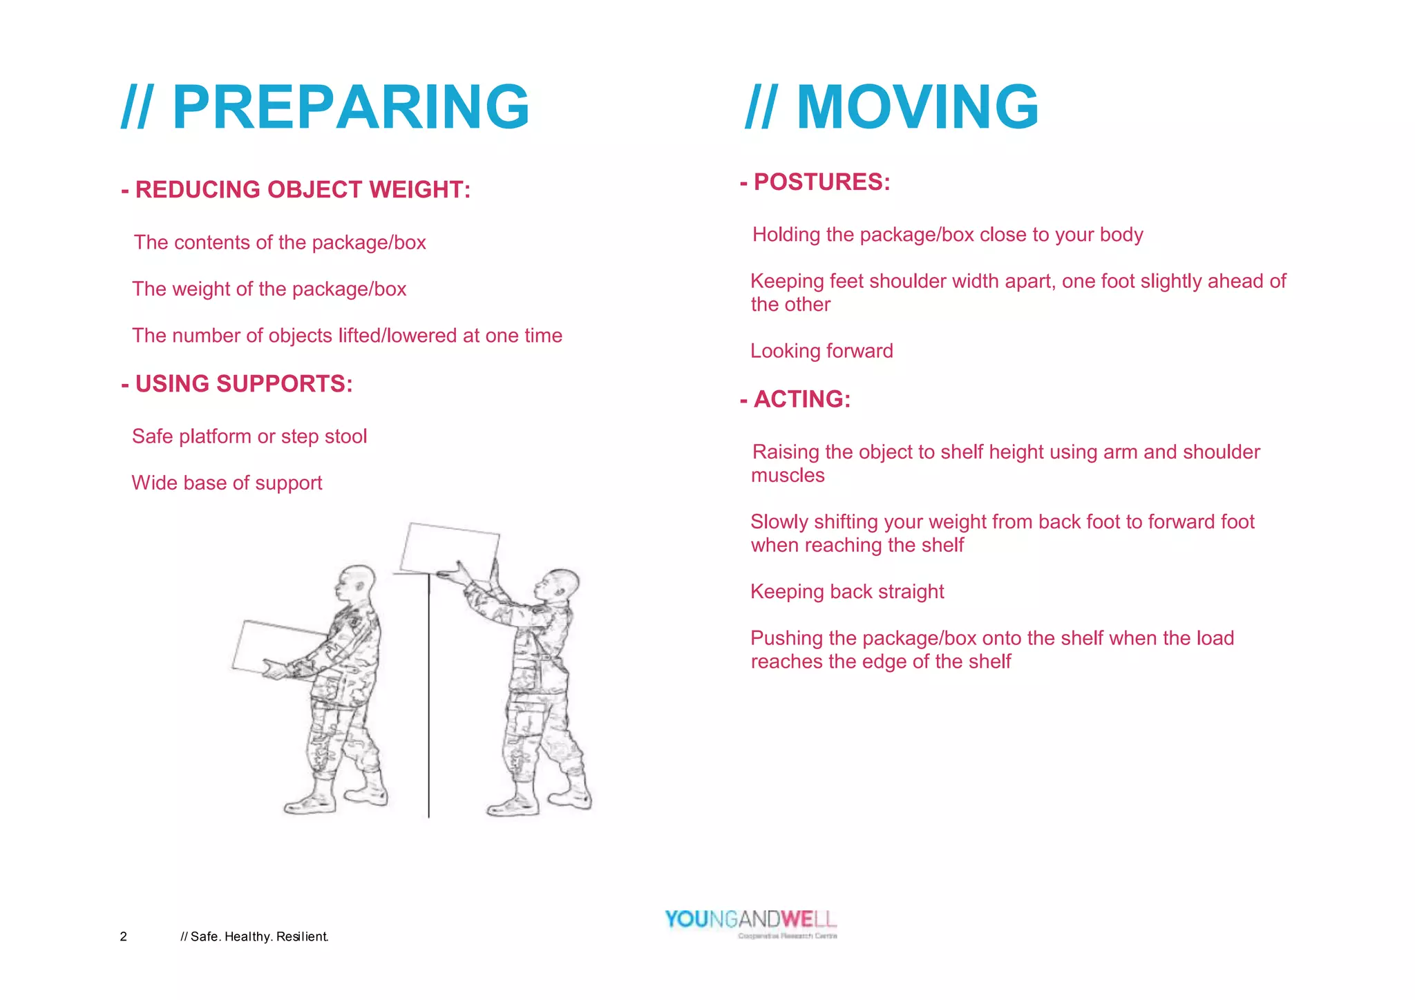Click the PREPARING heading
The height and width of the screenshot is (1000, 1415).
click(325, 107)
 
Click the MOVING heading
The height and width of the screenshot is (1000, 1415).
click(892, 107)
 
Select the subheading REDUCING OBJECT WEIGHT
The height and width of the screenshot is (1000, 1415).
click(296, 189)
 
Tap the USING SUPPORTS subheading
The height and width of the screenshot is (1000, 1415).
click(237, 384)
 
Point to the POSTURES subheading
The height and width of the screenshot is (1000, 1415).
click(815, 182)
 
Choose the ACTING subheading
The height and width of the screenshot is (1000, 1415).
click(795, 399)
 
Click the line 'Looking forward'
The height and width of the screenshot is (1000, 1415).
click(822, 351)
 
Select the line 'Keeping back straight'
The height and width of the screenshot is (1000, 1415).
click(847, 592)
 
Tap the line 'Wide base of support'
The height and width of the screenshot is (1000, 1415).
click(227, 483)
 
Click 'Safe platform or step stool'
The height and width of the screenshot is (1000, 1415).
click(249, 436)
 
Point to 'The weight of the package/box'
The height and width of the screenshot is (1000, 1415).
click(269, 289)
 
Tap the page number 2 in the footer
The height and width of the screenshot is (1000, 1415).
click(124, 936)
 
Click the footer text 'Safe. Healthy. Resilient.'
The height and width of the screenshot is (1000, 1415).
click(254, 936)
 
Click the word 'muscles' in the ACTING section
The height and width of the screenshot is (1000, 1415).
click(788, 475)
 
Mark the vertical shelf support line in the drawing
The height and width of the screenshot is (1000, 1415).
click(429, 698)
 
